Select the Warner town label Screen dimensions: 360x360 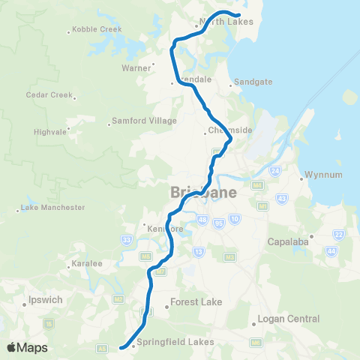point(136,67)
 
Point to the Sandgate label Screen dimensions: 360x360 point(252,82)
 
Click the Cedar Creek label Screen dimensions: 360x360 point(49,95)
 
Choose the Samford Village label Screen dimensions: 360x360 point(144,121)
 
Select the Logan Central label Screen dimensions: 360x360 point(288,319)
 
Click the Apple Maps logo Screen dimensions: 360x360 point(27,347)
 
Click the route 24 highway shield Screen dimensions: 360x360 point(275,171)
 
